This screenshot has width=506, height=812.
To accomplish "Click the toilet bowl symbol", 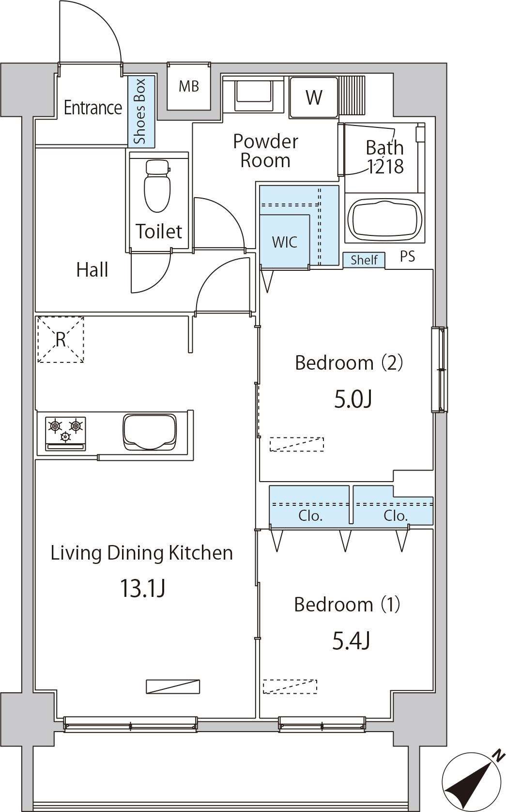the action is (x=157, y=185).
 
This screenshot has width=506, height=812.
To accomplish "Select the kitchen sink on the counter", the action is (x=150, y=432).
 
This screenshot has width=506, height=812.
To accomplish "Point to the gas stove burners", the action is (x=65, y=434).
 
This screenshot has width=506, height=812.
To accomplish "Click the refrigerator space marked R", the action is (x=61, y=340).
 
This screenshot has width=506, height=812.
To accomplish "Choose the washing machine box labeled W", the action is (x=314, y=97).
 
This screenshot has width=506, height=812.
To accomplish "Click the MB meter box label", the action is (x=189, y=87).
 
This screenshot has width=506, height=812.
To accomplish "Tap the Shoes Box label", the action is (x=140, y=111).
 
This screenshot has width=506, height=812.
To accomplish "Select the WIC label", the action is (x=285, y=242).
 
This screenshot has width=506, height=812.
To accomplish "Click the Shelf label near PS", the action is (x=364, y=260).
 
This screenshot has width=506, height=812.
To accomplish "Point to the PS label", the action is (x=408, y=257).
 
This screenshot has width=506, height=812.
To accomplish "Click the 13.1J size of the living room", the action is (x=142, y=588).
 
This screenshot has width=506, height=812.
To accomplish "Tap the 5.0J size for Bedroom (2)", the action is (x=353, y=400).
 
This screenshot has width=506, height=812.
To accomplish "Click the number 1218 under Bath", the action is (x=386, y=167).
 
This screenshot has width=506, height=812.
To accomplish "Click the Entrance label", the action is (x=93, y=108).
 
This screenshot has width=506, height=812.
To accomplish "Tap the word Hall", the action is (x=92, y=270).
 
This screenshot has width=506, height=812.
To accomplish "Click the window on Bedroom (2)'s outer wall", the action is (x=439, y=370).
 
